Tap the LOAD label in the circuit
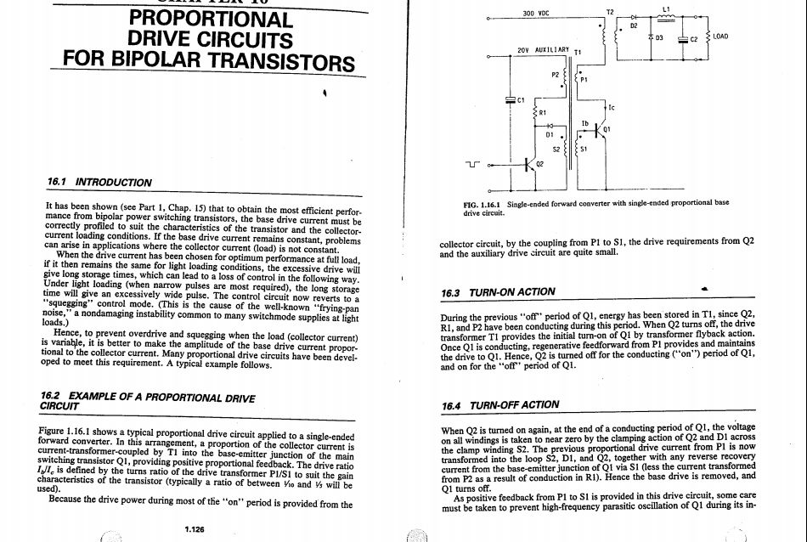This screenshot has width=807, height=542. pyautogui.click(x=720, y=37)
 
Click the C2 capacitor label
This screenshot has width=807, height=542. pyautogui.click(x=693, y=39)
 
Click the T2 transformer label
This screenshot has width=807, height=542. pyautogui.click(x=609, y=11)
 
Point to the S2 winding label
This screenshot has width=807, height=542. pyautogui.click(x=556, y=147)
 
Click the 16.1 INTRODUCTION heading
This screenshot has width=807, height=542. pyautogui.click(x=100, y=182)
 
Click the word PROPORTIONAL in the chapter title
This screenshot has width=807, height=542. pyautogui.click(x=212, y=19)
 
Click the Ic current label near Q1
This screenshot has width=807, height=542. pyautogui.click(x=612, y=107)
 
